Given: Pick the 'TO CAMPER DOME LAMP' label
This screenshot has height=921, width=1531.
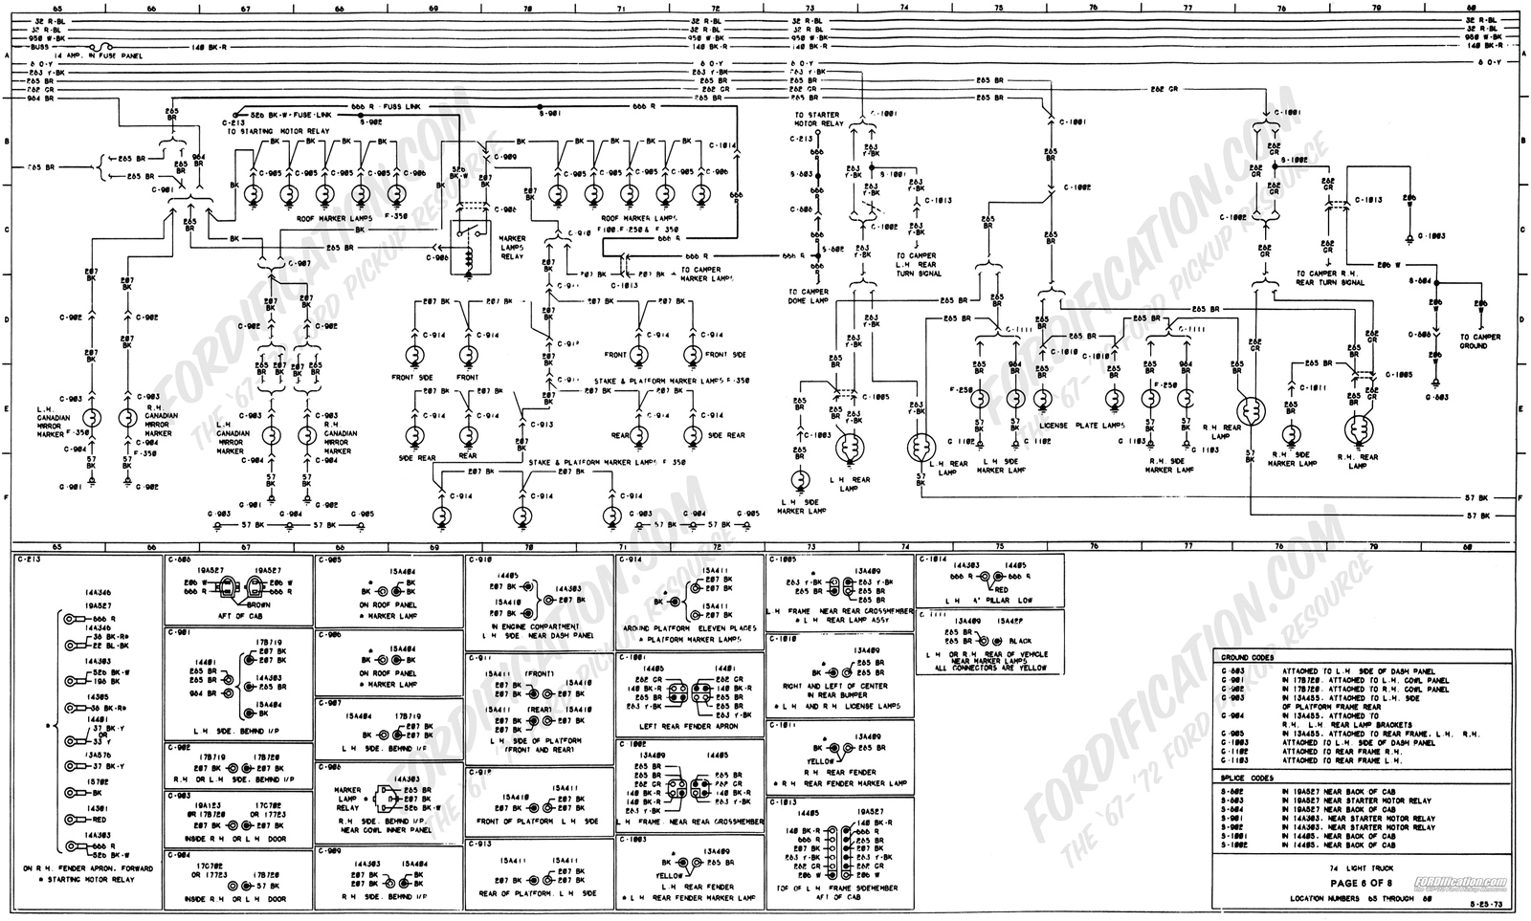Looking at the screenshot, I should tap(809, 296).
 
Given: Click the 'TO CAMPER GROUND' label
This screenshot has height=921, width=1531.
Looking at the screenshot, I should tap(1480, 341).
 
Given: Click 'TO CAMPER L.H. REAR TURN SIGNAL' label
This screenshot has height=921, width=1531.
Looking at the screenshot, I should tap(918, 265).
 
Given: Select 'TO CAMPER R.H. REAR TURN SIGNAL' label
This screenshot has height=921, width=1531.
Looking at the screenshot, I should tap(1330, 278).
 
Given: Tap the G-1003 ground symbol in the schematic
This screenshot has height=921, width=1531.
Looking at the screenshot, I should tap(1409, 235).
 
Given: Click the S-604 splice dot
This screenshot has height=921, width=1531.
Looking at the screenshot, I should tap(1436, 282).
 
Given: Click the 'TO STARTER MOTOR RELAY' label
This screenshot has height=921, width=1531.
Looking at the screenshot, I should tap(818, 120).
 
